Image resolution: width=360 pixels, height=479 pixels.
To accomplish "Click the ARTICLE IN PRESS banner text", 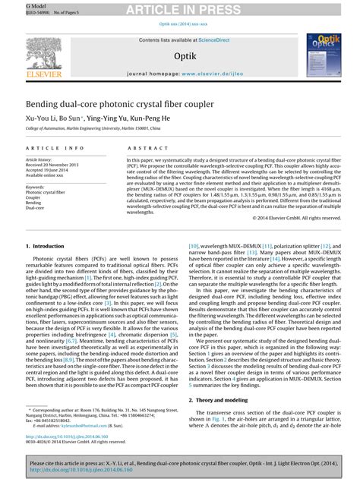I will (x=179, y=9).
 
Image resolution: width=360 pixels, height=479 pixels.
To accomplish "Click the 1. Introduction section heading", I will (x=45, y=247).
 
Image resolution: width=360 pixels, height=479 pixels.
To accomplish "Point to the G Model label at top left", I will (x=14, y=5).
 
